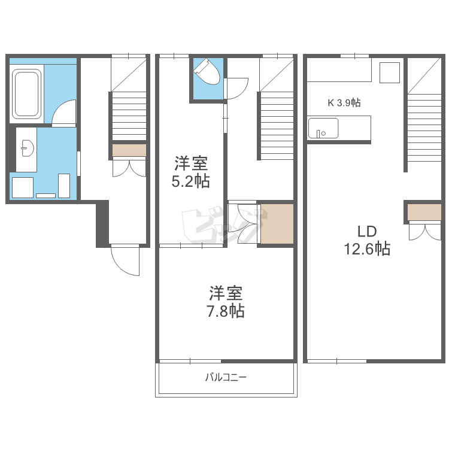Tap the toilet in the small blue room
[x=207, y=72]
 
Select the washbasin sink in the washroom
[x=28, y=148]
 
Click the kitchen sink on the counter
[x=323, y=128]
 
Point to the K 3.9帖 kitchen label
[x=344, y=102]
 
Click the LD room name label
[x=367, y=231]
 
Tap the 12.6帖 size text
[x=367, y=248]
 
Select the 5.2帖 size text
[x=191, y=181]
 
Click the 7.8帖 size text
[x=226, y=311]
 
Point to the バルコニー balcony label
[x=226, y=377]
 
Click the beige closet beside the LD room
[x=424, y=212]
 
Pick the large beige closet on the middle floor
[x=277, y=224]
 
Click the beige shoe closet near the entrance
[x=129, y=150]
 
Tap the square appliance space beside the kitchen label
[x=390, y=72]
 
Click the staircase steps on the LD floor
[x=424, y=128]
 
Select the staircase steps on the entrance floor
[x=129, y=116]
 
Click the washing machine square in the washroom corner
[x=23, y=187]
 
